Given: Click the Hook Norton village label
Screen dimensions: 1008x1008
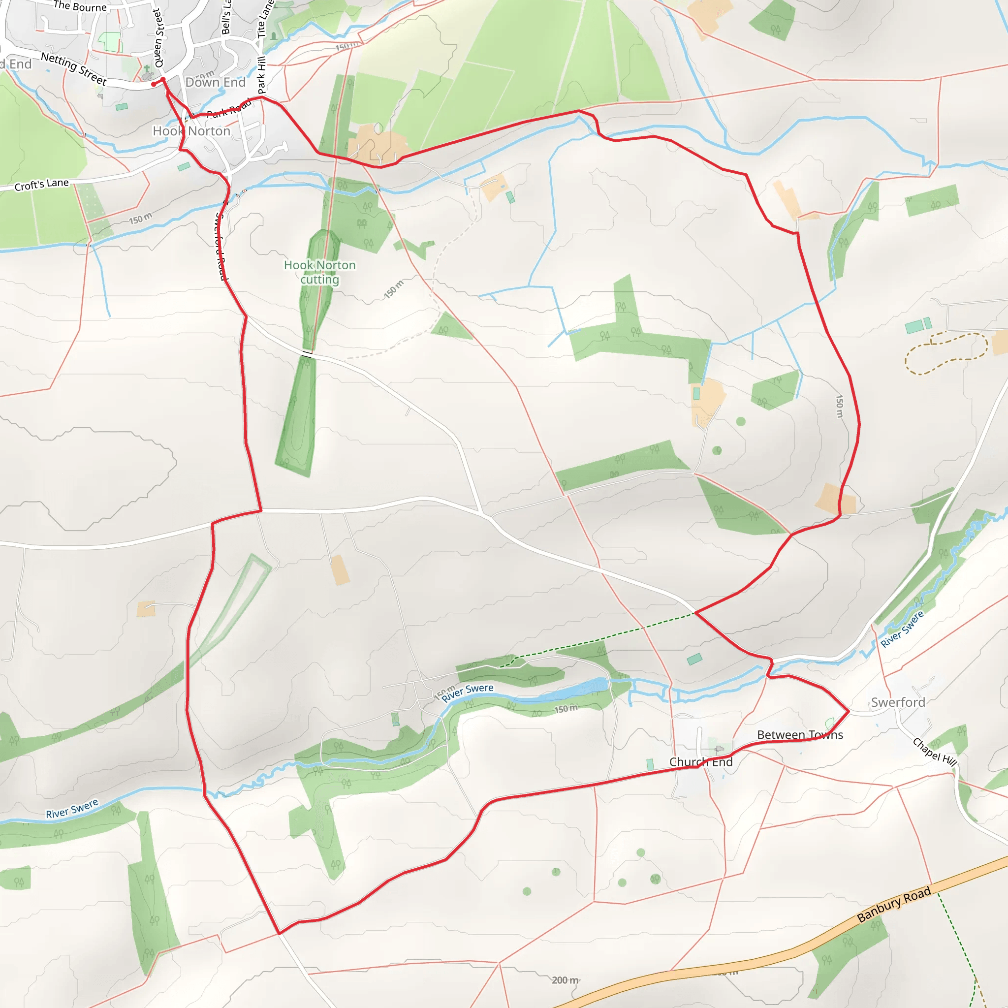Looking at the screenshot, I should coord(191,131).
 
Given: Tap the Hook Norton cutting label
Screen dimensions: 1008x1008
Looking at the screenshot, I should coord(320,272).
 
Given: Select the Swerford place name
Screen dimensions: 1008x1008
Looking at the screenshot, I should coord(898,702).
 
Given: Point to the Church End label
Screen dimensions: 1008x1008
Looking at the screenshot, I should coord(701,762).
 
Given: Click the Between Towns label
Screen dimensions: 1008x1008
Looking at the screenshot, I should coord(800,735).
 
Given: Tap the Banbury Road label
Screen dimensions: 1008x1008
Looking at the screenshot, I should coord(894,904).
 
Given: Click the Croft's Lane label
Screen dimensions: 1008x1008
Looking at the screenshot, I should coord(42,185).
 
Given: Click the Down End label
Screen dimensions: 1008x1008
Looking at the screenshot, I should coord(216,82).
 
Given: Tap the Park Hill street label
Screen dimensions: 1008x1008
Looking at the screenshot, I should coord(261,76).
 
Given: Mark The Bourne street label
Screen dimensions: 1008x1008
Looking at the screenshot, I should coord(80,6).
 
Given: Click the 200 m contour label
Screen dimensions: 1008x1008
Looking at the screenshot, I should coord(566,980).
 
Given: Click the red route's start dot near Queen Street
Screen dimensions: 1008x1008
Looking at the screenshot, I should coord(154,84).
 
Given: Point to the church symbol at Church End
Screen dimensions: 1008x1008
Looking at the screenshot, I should coord(720,749).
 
